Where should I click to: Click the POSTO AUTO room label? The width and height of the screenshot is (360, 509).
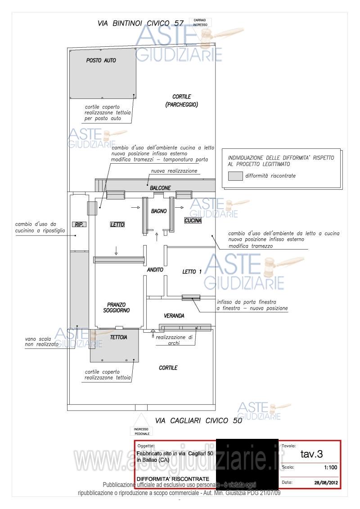point(101,60)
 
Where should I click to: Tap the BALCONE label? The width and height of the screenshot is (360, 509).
point(160,188)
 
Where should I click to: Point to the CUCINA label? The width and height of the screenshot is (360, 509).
point(193,221)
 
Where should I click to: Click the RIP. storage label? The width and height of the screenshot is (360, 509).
point(79,223)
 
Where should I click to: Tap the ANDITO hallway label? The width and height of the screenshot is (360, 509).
point(155,270)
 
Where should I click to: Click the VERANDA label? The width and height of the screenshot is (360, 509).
point(174,316)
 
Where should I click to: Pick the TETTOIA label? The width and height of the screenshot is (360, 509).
point(119,337)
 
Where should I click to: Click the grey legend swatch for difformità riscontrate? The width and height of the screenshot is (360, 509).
point(235,176)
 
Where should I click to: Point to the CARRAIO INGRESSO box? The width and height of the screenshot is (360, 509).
point(200,22)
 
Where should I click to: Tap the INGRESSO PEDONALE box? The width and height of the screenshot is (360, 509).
point(142,432)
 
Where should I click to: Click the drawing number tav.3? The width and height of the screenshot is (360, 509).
point(311,454)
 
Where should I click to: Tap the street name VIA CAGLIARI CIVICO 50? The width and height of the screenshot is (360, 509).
point(198,421)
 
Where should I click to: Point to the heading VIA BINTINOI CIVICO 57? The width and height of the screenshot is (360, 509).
point(141,23)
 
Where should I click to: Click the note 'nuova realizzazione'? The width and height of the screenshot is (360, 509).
point(174,171)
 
